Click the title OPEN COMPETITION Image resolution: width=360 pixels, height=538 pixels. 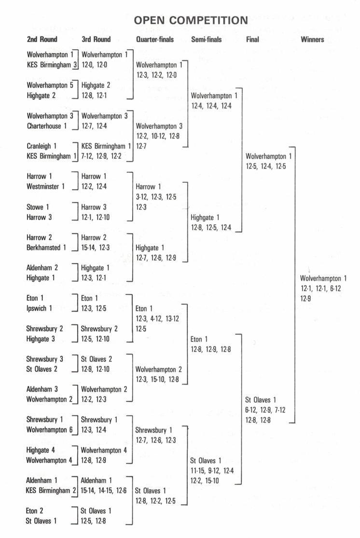click(191, 20)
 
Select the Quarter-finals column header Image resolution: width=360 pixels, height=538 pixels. click(155, 40)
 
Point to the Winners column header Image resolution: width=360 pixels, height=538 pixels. click(312, 40)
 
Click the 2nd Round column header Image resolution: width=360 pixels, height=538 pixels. click(42, 40)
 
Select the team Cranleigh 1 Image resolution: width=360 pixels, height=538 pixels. click(42, 146)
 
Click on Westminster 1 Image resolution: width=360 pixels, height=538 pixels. click(45, 186)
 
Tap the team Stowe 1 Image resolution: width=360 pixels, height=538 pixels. click(38, 207)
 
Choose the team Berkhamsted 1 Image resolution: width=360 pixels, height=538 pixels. click(46, 248)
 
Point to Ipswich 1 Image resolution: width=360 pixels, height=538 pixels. click(40, 308)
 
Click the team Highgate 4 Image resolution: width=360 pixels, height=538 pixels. click(42, 450)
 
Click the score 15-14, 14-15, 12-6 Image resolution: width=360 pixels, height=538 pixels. click(104, 491)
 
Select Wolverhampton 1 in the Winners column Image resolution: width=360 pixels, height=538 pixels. click(323, 278)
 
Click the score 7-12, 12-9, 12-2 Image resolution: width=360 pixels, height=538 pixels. click(102, 156)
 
